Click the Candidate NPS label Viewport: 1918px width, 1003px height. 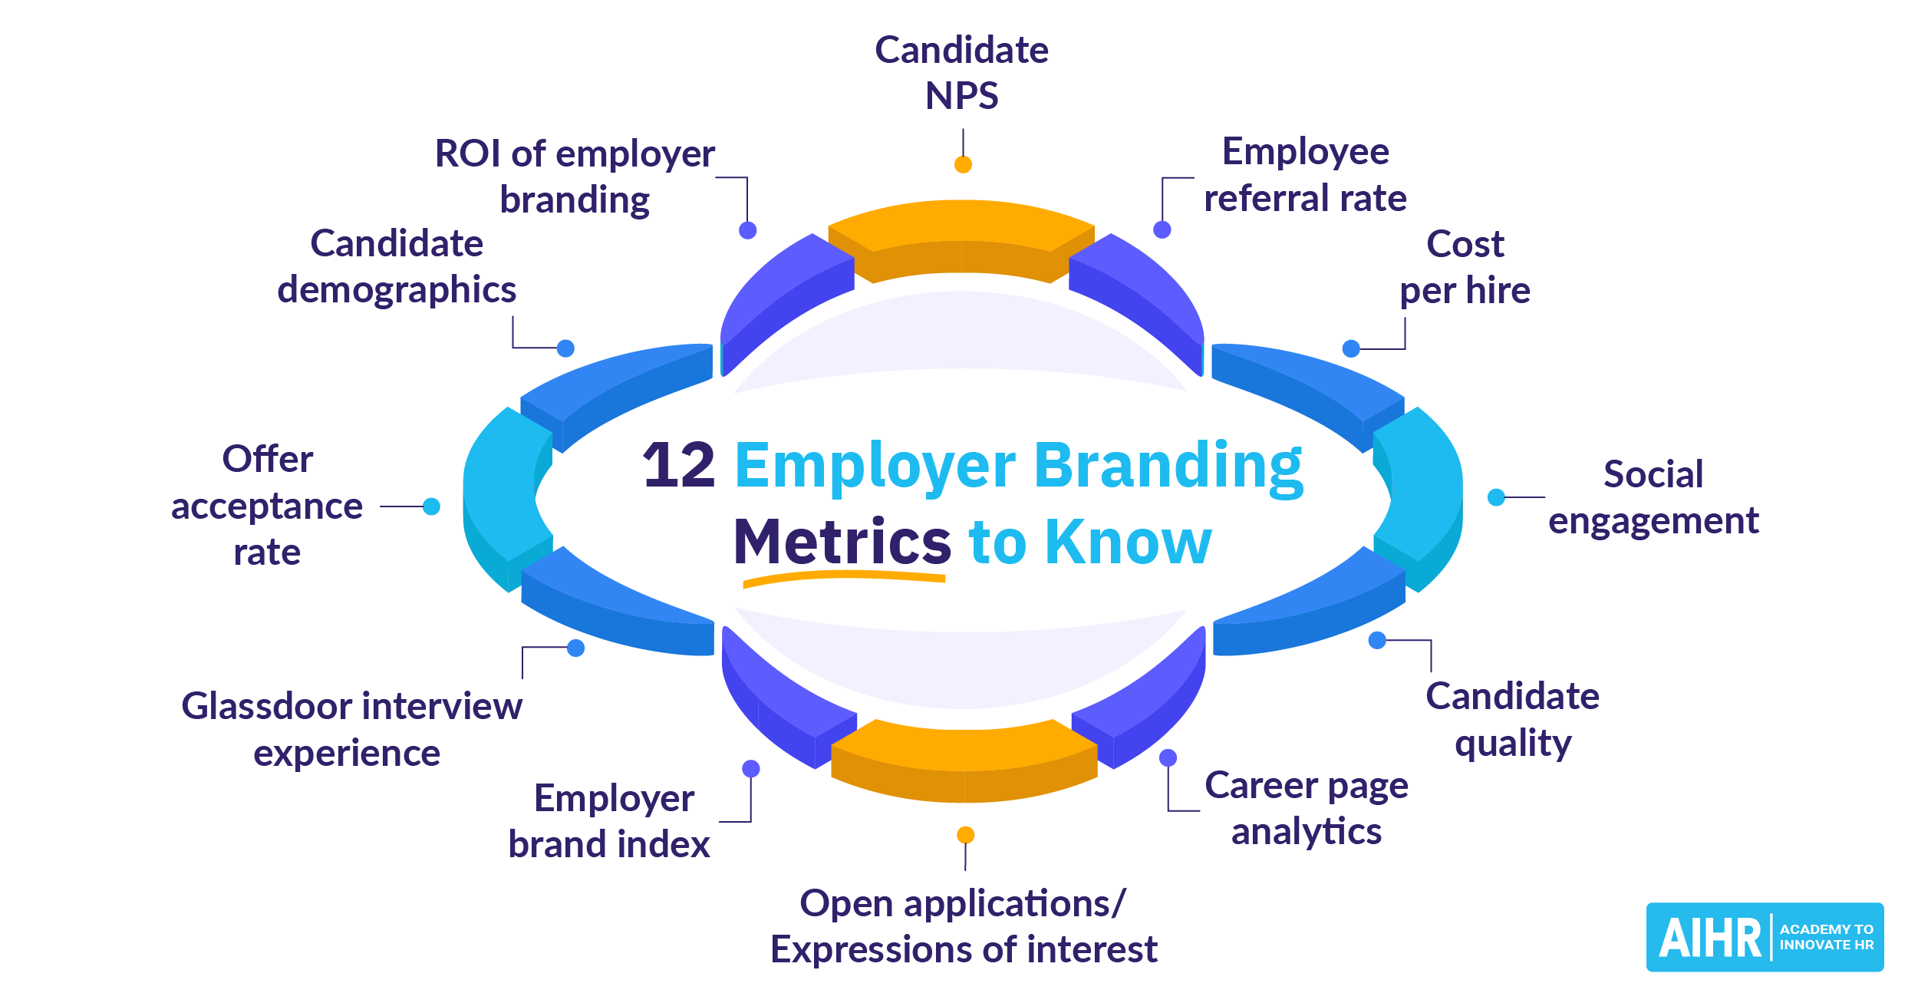[961, 73]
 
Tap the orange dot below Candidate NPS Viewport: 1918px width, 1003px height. [963, 164]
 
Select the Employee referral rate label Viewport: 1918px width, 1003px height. [1305, 175]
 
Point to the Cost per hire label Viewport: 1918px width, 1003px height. [1465, 267]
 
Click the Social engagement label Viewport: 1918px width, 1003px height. [1653, 497]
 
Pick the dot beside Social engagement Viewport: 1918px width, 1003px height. [1496, 497]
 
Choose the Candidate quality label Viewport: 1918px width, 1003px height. [1512, 719]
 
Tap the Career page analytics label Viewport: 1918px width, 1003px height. [1306, 808]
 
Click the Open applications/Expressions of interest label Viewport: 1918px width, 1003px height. [964, 926]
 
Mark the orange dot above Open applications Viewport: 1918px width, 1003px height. [966, 835]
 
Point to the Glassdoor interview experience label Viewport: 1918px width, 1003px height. [351, 729]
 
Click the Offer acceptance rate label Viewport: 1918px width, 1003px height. [267, 505]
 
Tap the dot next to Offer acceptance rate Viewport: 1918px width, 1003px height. [431, 506]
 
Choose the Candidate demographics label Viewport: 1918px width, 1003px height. [397, 266]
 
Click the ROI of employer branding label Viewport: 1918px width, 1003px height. [575, 176]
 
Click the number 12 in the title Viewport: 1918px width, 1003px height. [678, 465]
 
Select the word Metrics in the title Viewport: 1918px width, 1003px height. [842, 542]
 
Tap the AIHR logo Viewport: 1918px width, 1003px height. [1764, 936]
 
